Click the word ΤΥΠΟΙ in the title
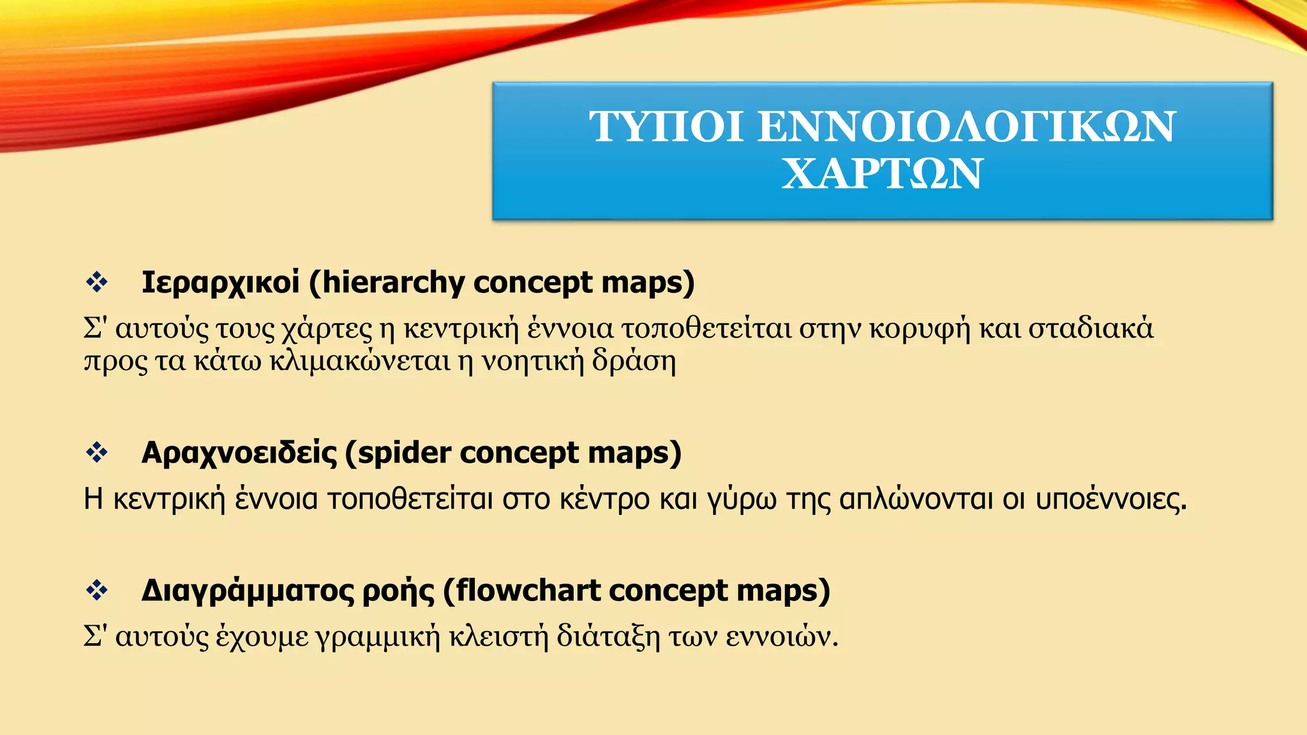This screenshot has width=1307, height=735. tap(666, 126)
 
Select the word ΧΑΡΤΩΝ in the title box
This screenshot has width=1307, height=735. tap(882, 174)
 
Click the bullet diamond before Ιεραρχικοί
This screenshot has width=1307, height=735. tap(97, 282)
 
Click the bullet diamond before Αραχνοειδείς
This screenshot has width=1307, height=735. tap(97, 452)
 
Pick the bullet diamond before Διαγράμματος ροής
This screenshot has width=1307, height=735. tap(97, 590)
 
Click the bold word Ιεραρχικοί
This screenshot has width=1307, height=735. tap(220, 283)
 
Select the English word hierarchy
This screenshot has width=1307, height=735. tap(393, 283)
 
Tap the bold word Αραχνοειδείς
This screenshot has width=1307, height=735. tap(239, 453)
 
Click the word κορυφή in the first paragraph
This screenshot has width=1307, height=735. tap(920, 329)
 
